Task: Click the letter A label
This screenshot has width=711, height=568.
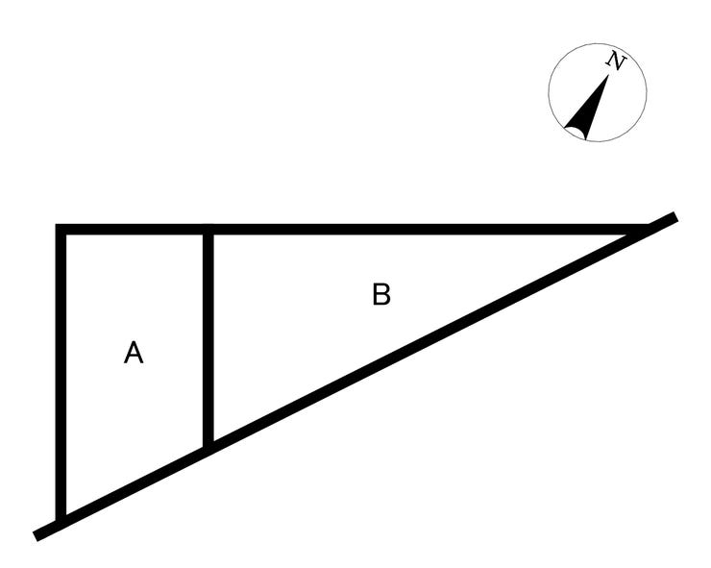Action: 134,353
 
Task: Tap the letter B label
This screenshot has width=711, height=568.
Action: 381,294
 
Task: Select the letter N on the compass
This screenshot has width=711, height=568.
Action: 616,61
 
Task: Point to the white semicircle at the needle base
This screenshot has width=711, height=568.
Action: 575,133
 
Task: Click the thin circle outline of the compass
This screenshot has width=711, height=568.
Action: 549,93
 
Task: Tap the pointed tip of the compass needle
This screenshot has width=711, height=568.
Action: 608,75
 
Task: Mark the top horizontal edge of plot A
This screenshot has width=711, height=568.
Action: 135,229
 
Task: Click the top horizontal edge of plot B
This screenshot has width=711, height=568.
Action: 427,229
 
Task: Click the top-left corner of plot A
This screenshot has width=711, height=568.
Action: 61,229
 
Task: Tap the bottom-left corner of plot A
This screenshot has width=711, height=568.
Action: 61,523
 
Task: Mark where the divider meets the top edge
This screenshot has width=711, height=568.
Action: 208,229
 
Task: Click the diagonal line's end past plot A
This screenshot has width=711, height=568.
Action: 36,535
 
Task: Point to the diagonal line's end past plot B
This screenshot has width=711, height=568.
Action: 675,216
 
